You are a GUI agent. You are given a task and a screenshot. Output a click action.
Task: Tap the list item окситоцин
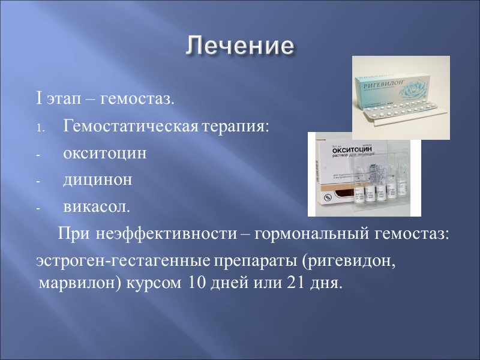[x=104, y=153]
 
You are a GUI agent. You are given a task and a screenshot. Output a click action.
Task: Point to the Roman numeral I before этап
[x=38, y=98]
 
